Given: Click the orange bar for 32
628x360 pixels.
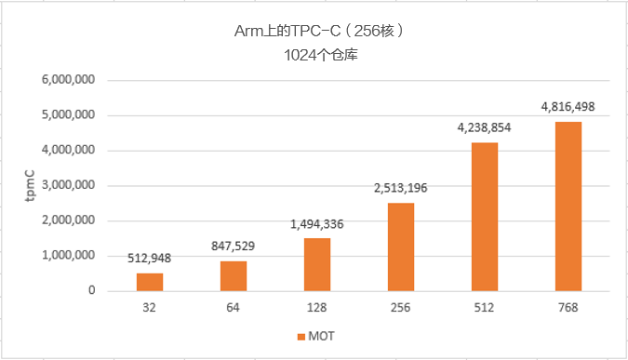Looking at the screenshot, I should (x=149, y=282).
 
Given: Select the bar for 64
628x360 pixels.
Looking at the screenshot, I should (x=233, y=276).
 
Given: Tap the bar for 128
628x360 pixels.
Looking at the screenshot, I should (x=317, y=264).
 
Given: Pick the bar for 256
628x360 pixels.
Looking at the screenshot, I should (x=400, y=247).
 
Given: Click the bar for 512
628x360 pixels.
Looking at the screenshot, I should (x=485, y=217).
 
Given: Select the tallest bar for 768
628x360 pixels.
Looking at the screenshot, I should (x=568, y=207).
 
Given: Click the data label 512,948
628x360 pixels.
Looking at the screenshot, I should (x=149, y=259).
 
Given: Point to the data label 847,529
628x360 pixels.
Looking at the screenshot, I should (x=233, y=247).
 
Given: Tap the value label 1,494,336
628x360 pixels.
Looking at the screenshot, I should (x=317, y=224).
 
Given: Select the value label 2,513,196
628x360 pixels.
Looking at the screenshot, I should (x=400, y=189).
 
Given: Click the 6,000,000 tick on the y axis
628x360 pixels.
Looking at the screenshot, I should (x=68, y=80).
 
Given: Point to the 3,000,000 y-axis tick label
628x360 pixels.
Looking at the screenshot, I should (x=68, y=185).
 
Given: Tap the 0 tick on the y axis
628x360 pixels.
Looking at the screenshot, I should (x=91, y=290).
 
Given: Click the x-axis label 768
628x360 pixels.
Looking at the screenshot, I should (x=568, y=307).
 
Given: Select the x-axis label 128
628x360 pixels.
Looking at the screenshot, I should (x=317, y=307).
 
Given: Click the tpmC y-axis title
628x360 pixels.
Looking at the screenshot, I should (x=30, y=185).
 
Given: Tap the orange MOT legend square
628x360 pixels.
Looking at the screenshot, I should (x=301, y=336).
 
